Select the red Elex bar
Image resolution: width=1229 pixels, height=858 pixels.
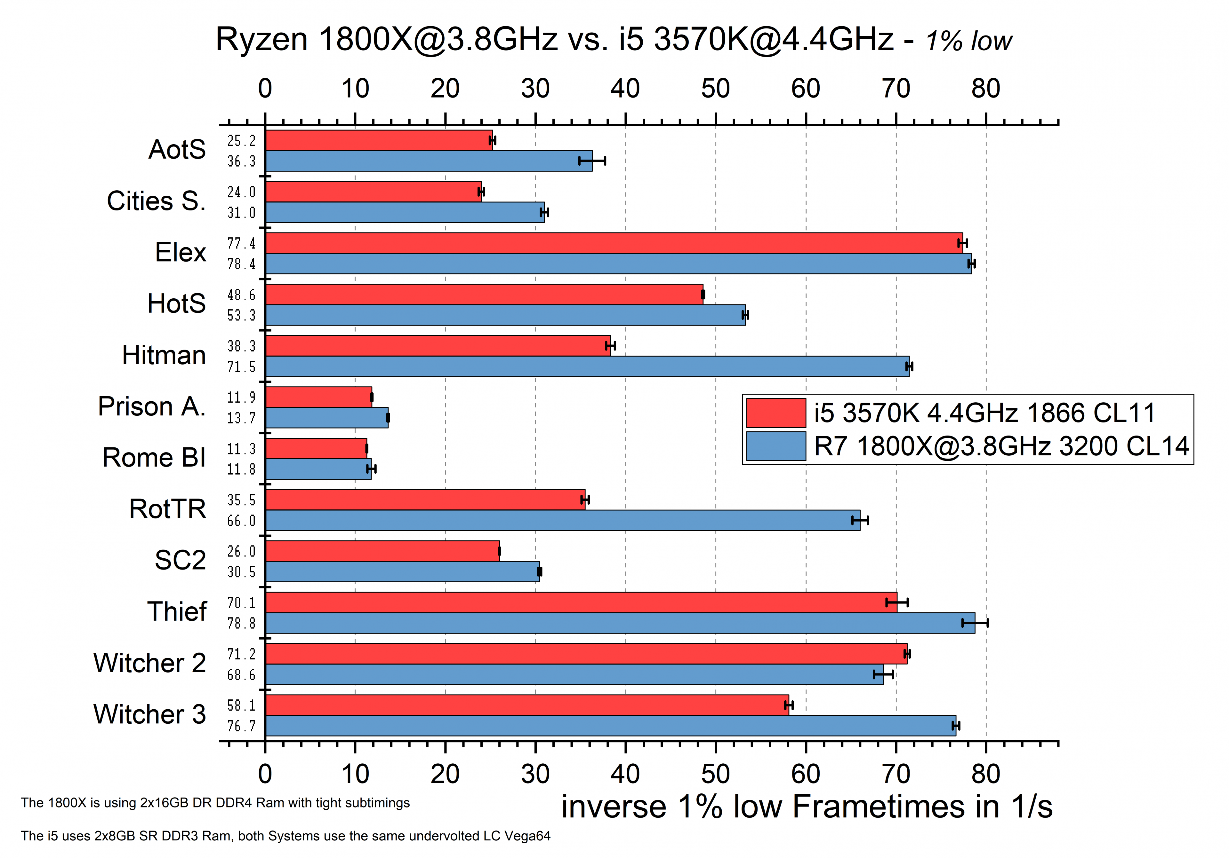pyautogui.click(x=614, y=243)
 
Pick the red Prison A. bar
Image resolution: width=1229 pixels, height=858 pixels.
pyautogui.click(x=318, y=397)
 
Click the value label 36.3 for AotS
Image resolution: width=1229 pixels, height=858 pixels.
pyautogui.click(x=241, y=161)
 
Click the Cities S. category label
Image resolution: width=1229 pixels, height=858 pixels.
pyautogui.click(x=156, y=201)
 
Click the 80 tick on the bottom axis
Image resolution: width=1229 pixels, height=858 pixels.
pyautogui.click(x=986, y=774)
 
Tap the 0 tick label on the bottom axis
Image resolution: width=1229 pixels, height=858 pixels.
pyautogui.click(x=265, y=774)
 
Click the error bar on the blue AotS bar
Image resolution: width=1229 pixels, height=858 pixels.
pyautogui.click(x=592, y=161)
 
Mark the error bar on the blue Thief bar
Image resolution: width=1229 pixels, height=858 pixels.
pyautogui.click(x=975, y=623)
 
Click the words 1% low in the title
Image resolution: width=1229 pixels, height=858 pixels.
pyautogui.click(x=969, y=41)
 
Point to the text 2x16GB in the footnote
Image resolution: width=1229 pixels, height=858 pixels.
pyautogui.click(x=164, y=803)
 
